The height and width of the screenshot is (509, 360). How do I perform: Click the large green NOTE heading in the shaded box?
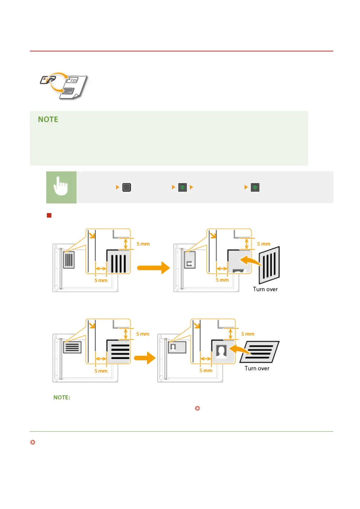pos(48,119)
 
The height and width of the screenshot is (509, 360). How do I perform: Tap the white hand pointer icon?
pos(61,187)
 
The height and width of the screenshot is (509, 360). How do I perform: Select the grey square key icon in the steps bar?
pos(127,187)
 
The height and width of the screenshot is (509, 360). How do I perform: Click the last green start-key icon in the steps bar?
pos(255,187)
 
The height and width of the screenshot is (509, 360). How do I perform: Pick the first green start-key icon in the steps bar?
pos(182,187)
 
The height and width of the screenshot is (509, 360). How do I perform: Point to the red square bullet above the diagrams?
pos(49,216)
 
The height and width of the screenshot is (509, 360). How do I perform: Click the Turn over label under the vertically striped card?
pos(265,289)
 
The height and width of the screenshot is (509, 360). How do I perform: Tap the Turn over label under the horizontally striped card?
pos(257,368)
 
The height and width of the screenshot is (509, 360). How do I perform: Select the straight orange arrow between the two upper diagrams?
pos(153,268)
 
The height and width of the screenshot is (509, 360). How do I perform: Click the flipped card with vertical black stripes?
pos(269,264)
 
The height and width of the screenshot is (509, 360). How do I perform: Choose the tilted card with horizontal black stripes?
pos(259,352)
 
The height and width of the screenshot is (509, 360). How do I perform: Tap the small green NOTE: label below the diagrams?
pos(62,397)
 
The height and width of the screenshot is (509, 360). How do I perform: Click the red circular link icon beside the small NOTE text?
pos(197,408)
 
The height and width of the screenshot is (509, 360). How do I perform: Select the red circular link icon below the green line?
pos(33,442)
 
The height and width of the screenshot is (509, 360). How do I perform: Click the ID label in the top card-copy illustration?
pos(73,80)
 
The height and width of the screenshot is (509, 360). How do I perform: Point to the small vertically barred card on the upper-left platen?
pos(69,260)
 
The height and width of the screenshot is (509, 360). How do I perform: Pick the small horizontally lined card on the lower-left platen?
pos(72,347)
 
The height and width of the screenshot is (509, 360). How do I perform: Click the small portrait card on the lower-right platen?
pos(177,347)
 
